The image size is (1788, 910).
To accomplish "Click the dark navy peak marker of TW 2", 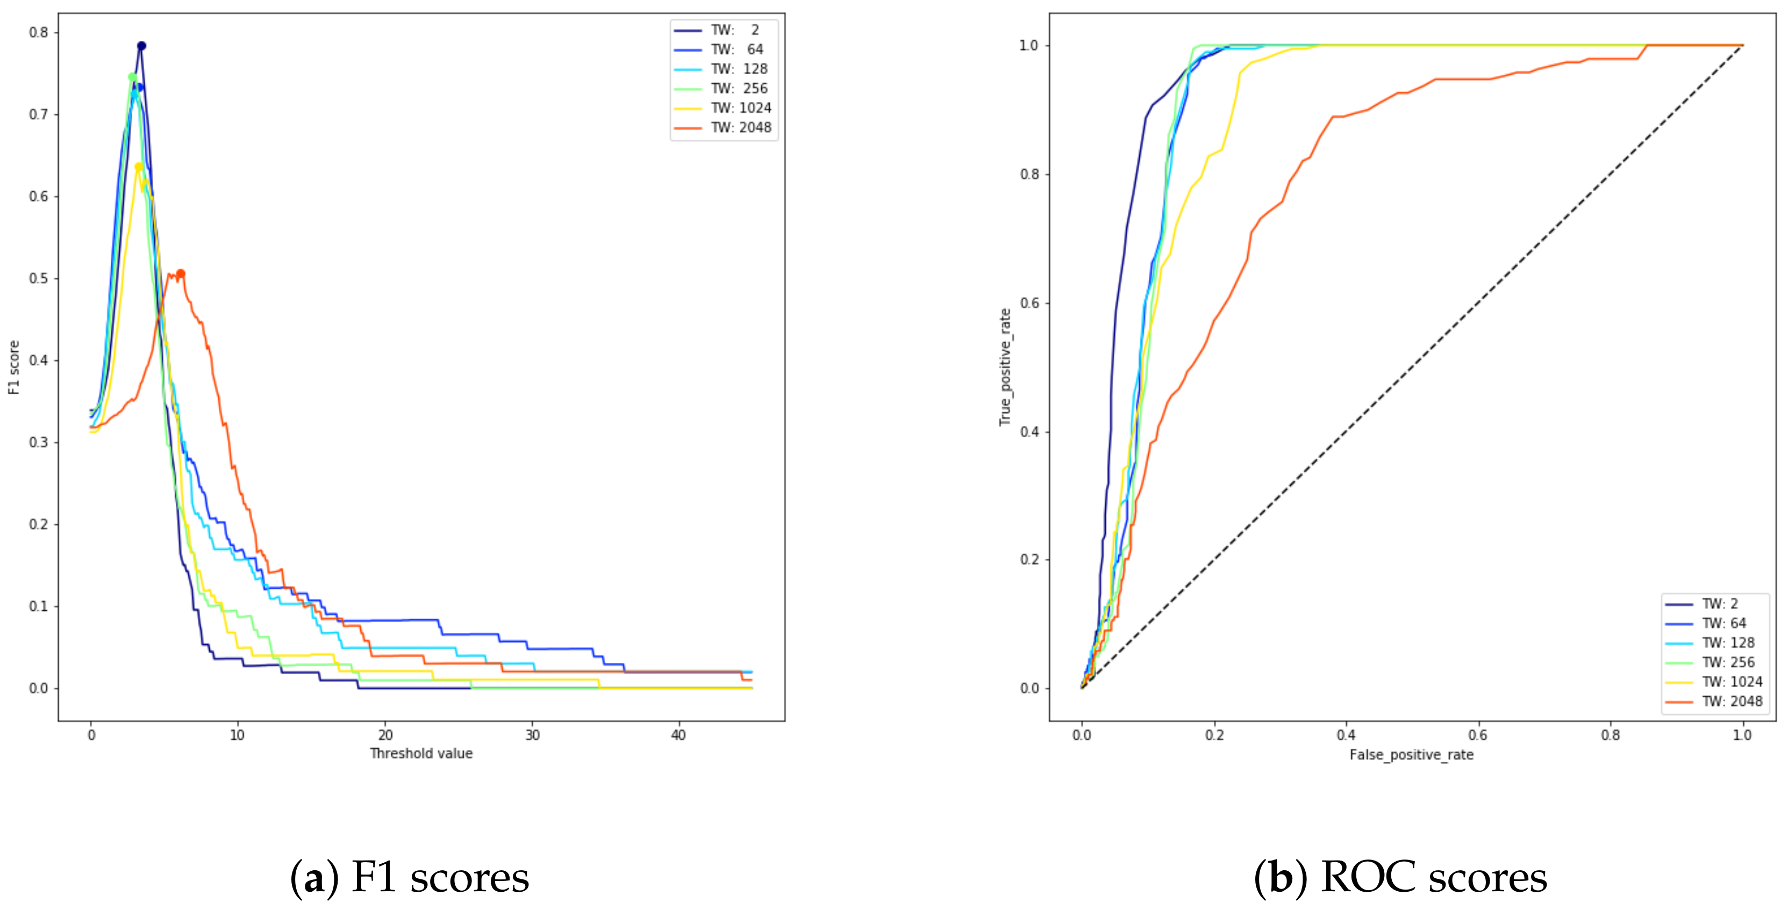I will click(141, 46).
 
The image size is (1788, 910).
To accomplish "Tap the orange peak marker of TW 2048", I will click(181, 273).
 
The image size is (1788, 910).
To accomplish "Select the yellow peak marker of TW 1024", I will click(139, 167).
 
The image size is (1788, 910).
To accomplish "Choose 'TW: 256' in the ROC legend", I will click(1728, 662).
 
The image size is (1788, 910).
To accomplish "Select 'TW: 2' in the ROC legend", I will click(1720, 603).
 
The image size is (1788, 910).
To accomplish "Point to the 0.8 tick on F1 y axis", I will click(39, 32).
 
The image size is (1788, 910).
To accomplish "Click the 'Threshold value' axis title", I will click(421, 753).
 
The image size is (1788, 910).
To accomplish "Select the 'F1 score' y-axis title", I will click(14, 367).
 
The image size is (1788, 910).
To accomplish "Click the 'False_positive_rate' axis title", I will click(1411, 755).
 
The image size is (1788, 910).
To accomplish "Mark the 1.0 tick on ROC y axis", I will click(1028, 45).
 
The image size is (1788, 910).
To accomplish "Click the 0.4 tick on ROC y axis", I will click(1028, 431).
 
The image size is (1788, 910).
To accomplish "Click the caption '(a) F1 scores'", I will click(410, 877).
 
